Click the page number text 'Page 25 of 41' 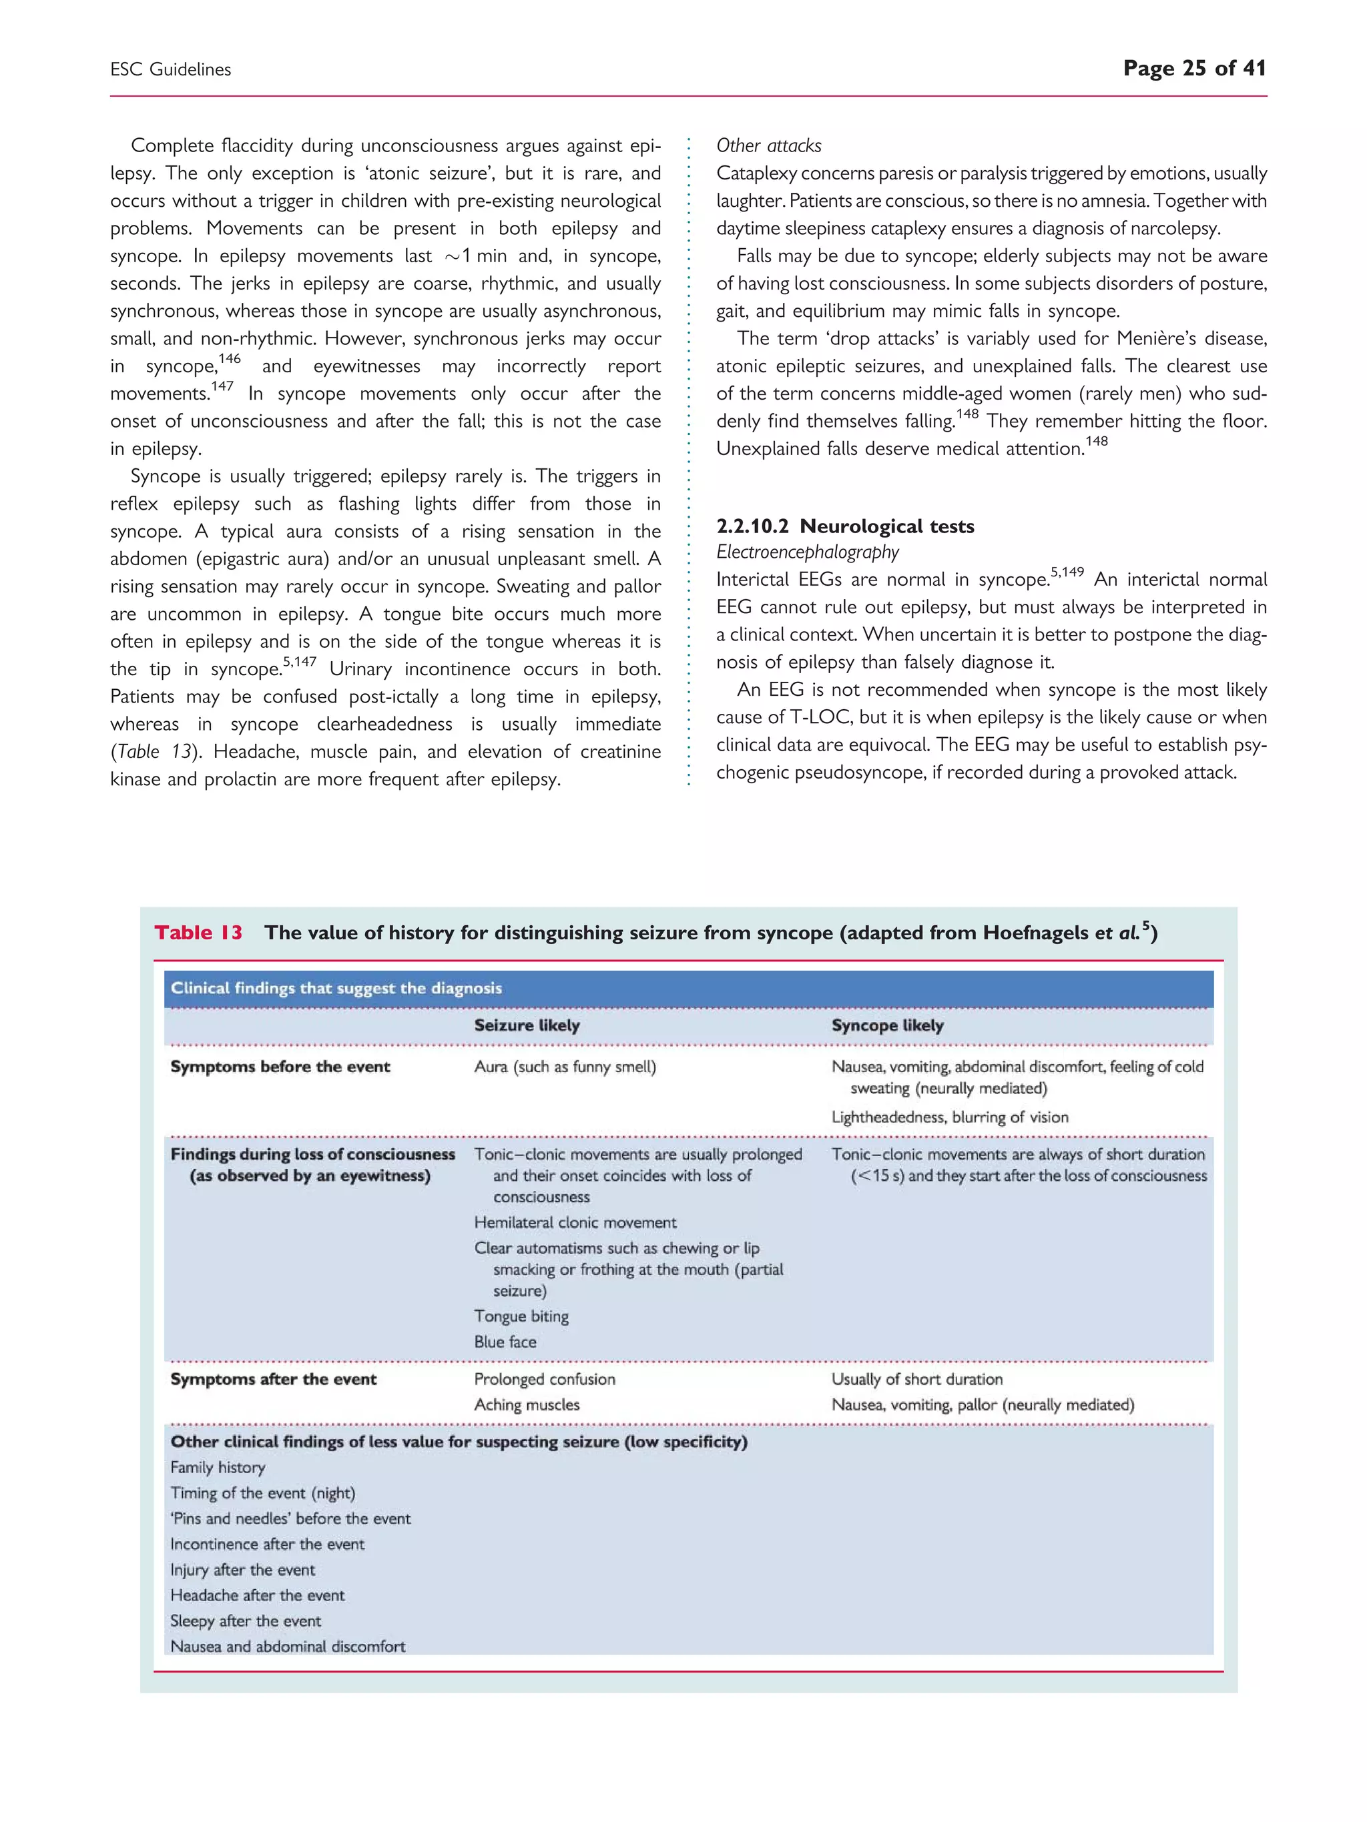(x=1194, y=68)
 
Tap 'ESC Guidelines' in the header (x=171, y=70)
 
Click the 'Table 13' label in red (x=198, y=933)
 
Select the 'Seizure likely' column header (x=527, y=1025)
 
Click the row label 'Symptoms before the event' (x=280, y=1067)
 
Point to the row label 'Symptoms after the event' (x=273, y=1379)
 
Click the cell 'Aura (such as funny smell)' (x=565, y=1067)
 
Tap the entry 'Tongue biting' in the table (x=521, y=1316)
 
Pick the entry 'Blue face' (x=505, y=1342)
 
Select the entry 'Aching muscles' (x=527, y=1404)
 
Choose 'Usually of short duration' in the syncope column (x=916, y=1379)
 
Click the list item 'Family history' (x=218, y=1467)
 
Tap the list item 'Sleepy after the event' (x=246, y=1621)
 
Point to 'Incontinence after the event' (x=267, y=1544)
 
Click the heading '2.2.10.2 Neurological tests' (x=844, y=526)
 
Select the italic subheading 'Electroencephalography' (x=807, y=552)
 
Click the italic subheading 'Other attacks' (x=768, y=146)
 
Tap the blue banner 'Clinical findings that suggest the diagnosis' (x=336, y=989)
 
